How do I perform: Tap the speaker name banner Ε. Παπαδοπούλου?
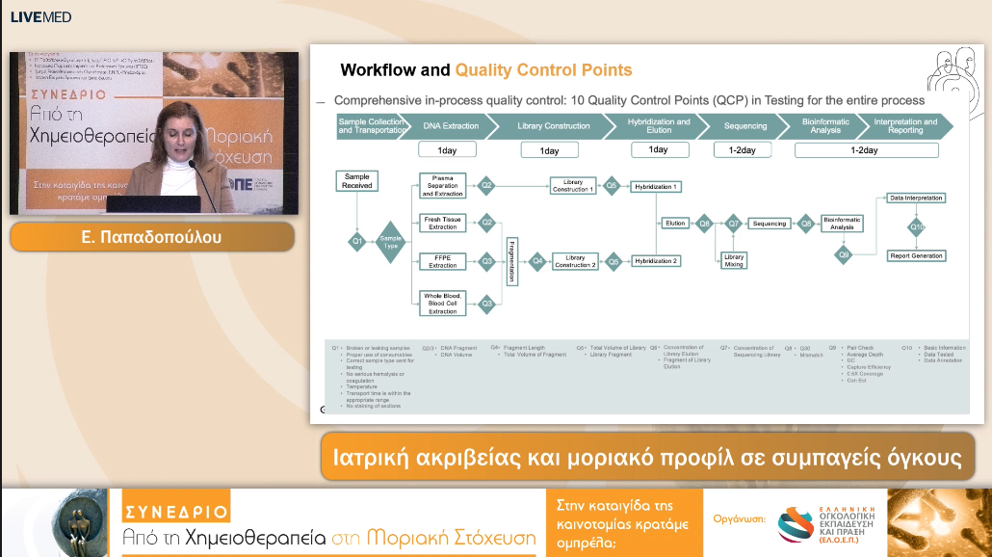[x=152, y=237]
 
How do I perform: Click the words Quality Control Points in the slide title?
[x=543, y=70]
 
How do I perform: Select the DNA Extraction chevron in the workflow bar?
[x=451, y=126]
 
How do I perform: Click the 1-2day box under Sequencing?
[x=742, y=150]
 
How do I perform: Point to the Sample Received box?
[x=356, y=181]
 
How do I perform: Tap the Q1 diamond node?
[x=356, y=240]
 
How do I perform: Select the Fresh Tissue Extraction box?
[x=443, y=223]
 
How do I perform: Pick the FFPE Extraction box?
[x=443, y=261]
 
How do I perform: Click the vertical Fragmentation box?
[x=511, y=261]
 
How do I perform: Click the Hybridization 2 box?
[x=656, y=261]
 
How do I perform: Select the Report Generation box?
[x=916, y=256]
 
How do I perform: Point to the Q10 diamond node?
[x=917, y=227]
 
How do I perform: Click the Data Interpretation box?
[x=916, y=198]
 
